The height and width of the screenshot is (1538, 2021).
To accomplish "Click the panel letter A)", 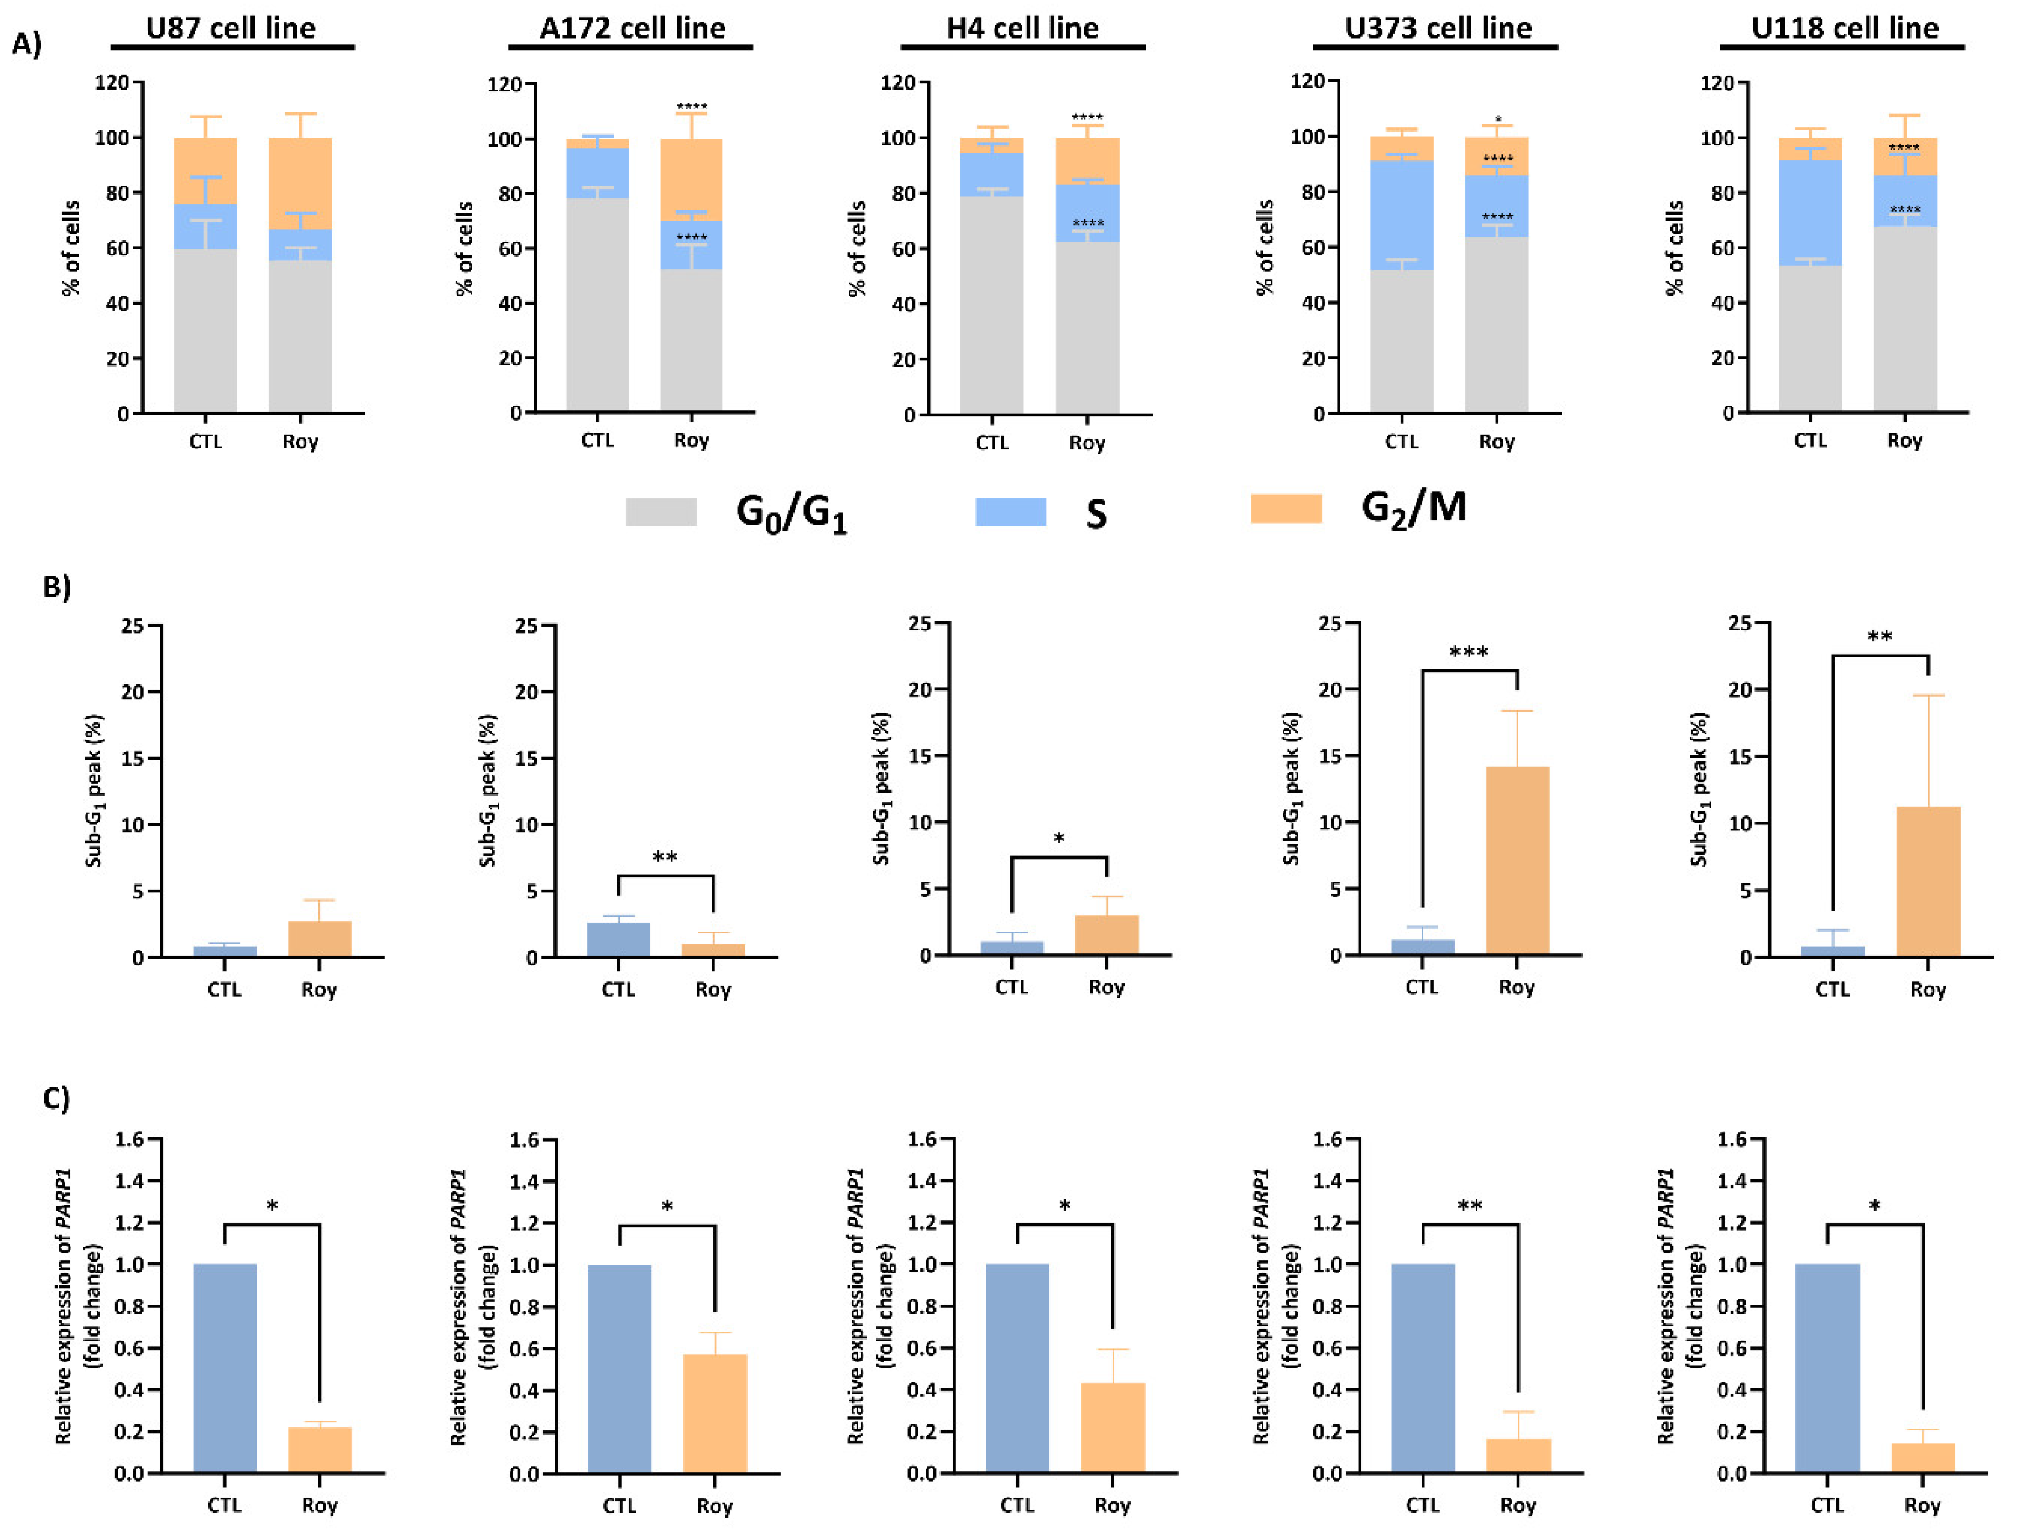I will tap(27, 43).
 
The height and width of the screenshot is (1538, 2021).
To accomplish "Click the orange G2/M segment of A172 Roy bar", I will tap(691, 180).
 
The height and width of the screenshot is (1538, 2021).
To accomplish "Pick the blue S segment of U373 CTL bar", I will tap(1401, 215).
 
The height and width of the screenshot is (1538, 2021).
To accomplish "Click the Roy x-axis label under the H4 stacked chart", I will tap(1087, 443).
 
